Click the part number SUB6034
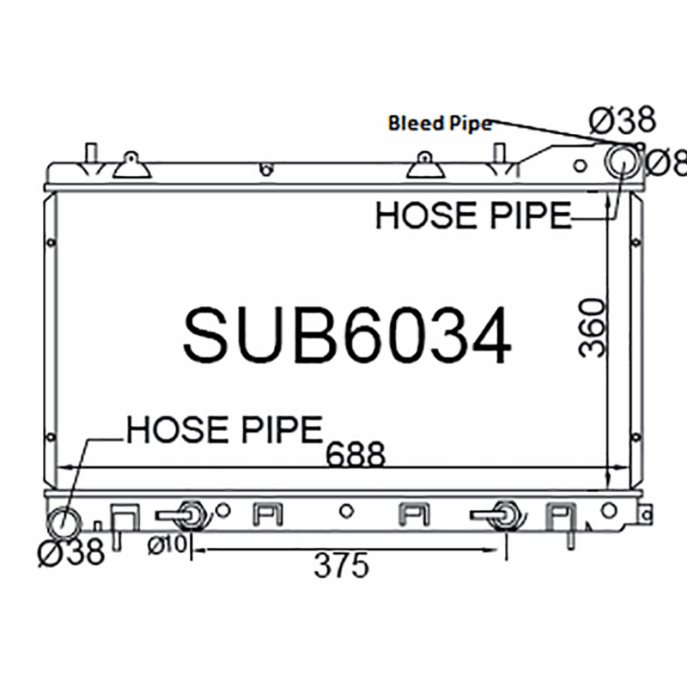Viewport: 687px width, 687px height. point(347,335)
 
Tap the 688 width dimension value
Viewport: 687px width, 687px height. point(356,454)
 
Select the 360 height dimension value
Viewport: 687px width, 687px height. point(592,328)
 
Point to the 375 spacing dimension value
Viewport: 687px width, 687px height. point(342,566)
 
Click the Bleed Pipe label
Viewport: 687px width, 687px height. point(441,123)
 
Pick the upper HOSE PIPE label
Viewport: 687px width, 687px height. point(474,216)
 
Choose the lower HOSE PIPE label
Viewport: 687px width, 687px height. point(225,430)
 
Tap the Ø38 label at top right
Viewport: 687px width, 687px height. point(623,119)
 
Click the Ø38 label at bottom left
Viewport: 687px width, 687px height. point(71,551)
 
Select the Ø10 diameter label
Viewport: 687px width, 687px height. point(167,545)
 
